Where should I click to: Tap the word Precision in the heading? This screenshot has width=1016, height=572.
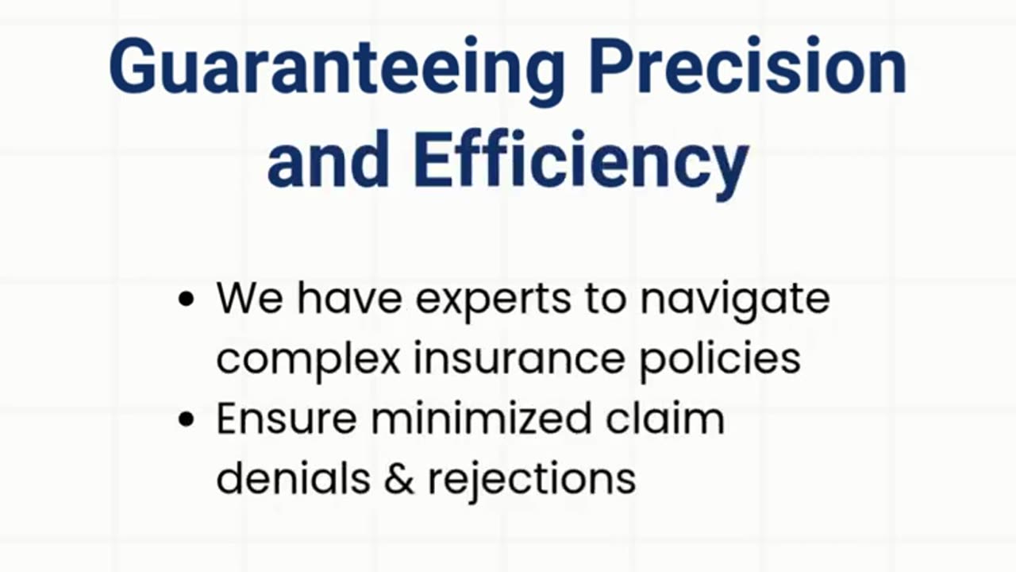pyautogui.click(x=748, y=65)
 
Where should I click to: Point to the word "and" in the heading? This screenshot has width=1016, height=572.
pyautogui.click(x=329, y=158)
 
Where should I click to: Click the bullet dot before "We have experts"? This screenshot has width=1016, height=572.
pyautogui.click(x=187, y=300)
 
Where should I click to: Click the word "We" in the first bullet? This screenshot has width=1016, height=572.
pyautogui.click(x=250, y=298)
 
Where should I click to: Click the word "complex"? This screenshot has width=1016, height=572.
pyautogui.click(x=309, y=361)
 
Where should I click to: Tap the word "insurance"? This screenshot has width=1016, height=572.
pyautogui.click(x=520, y=357)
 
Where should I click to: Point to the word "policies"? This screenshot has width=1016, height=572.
pyautogui.click(x=720, y=361)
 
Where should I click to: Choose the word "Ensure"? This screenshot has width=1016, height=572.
pyautogui.click(x=287, y=418)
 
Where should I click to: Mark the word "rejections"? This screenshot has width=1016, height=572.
pyautogui.click(x=532, y=481)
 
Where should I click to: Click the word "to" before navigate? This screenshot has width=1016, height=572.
pyautogui.click(x=606, y=299)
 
